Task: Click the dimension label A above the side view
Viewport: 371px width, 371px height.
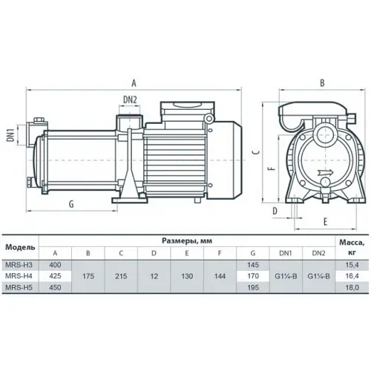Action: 135,83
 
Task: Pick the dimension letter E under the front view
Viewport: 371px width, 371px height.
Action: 324,220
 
